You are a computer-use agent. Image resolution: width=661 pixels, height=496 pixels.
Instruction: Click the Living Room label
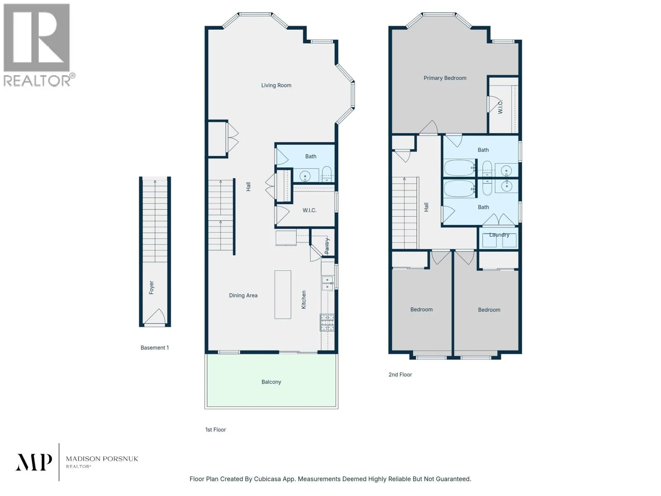pos(276,85)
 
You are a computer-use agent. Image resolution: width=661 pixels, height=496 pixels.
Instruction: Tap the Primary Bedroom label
pos(445,78)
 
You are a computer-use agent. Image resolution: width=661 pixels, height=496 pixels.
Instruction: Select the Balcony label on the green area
pos(271,382)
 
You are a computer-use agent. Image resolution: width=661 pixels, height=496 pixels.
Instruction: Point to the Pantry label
pos(327,246)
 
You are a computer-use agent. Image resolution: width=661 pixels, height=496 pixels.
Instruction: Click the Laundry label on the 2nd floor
pos(499,235)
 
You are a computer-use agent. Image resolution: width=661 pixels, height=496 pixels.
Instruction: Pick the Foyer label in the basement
pos(151,287)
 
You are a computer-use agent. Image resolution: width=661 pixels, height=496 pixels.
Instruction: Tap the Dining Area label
pos(243,296)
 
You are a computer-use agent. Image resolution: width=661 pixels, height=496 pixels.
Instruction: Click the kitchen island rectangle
pos(283,295)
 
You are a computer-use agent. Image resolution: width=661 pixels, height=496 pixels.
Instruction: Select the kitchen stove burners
pos(327,322)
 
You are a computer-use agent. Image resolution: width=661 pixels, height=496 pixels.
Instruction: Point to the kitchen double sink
pos(327,283)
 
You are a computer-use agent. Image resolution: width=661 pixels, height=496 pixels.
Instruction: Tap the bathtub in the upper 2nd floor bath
pos(459,168)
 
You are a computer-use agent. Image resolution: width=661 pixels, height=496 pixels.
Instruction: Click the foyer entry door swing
pos(155,316)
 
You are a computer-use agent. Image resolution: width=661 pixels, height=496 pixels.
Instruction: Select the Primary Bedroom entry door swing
pos(428,127)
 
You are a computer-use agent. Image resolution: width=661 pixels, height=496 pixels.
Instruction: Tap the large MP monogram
pos(34,462)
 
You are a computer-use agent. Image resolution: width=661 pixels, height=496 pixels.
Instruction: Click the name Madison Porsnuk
pos(102,459)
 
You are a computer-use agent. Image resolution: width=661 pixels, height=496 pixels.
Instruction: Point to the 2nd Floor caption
pos(400,374)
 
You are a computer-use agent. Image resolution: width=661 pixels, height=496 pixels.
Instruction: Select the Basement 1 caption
pos(155,348)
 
